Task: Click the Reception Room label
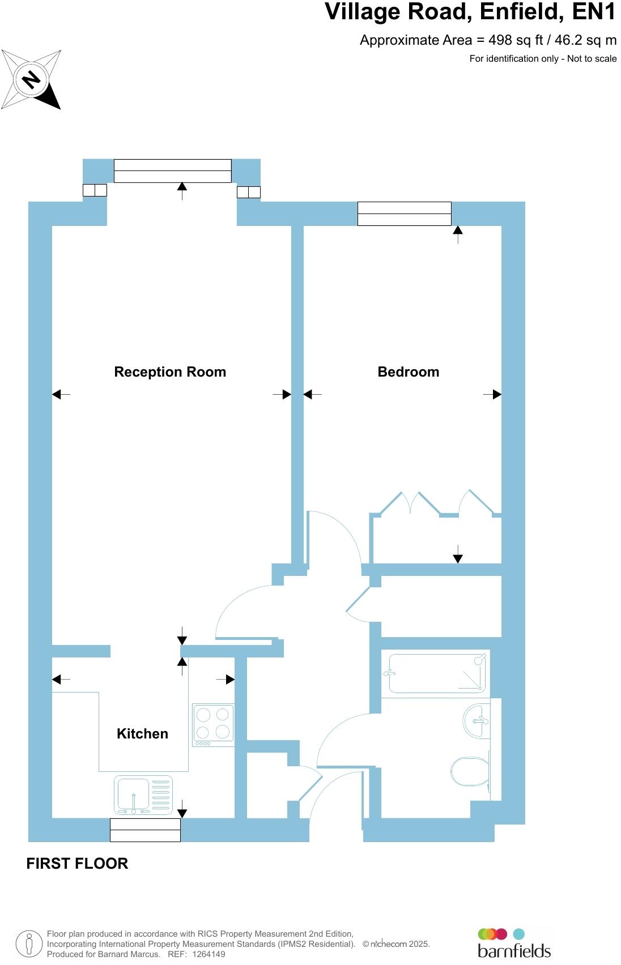pyautogui.click(x=170, y=372)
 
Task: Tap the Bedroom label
pyautogui.click(x=408, y=372)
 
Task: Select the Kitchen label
pyautogui.click(x=142, y=734)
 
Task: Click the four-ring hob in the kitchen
pyautogui.click(x=213, y=725)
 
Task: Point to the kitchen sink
pyautogui.click(x=143, y=795)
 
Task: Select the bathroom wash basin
pyautogui.click(x=477, y=721)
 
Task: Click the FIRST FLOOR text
pyautogui.click(x=77, y=864)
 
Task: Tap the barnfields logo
pyautogui.click(x=514, y=943)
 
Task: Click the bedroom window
pyautogui.click(x=404, y=214)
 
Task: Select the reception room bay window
pyautogui.click(x=172, y=170)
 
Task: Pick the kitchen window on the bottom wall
pyautogui.click(x=145, y=830)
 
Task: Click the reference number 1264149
pyautogui.click(x=209, y=954)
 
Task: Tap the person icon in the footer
pyautogui.click(x=29, y=944)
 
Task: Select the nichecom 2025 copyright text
pyautogui.click(x=396, y=944)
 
